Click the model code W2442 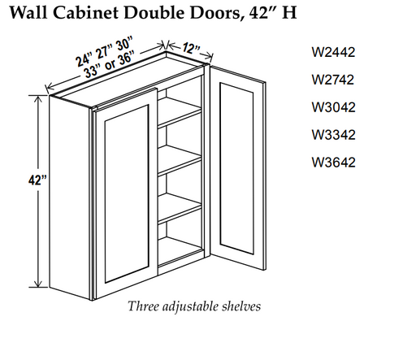[333, 52]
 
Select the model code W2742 [333, 80]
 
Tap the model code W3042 [333, 107]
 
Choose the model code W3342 [333, 135]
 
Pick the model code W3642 [333, 163]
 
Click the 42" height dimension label [37, 180]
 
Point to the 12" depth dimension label [191, 49]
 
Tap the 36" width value [126, 58]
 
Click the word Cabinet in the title [85, 12]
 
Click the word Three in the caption [144, 306]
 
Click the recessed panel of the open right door [236, 168]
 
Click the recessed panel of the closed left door [127, 193]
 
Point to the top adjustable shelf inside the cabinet [180, 113]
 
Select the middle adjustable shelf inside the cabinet [180, 160]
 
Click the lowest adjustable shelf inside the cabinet [180, 209]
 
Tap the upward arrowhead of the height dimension [37, 99]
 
